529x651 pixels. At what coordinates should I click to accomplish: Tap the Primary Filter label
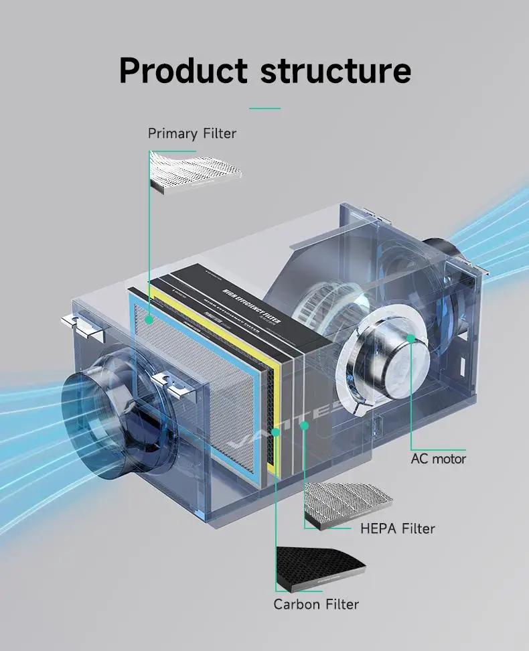(x=192, y=133)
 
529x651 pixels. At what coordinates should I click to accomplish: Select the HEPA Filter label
(x=398, y=528)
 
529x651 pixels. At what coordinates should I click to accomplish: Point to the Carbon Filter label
(x=316, y=604)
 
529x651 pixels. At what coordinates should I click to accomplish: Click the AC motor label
(x=438, y=459)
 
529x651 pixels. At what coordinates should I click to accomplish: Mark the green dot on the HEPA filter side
(x=304, y=425)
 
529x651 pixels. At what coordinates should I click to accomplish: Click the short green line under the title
(x=264, y=108)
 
